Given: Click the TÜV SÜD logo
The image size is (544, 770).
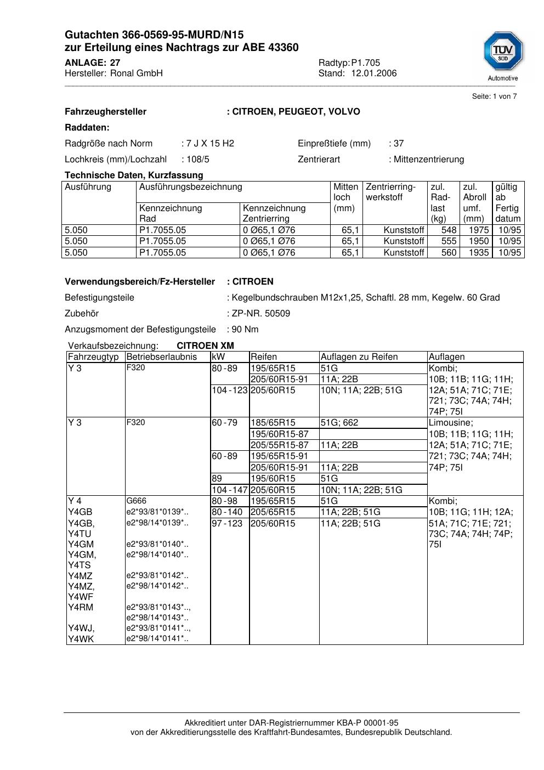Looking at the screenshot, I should coord(503,54).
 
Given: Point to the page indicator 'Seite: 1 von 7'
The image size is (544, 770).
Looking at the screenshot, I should coord(494,97).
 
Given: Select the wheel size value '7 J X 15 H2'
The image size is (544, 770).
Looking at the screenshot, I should coord(210,143).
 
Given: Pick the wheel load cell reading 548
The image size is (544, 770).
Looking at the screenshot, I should coord(449,230).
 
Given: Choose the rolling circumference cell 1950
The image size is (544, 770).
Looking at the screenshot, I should coord(479,241).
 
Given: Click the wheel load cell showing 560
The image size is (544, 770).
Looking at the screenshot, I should coord(449,253).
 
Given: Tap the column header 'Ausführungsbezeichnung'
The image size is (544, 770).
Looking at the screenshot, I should coord(190,187).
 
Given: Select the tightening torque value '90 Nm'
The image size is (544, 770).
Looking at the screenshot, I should coord(245,329).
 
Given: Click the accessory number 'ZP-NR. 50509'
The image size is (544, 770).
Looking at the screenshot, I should coord(260,313).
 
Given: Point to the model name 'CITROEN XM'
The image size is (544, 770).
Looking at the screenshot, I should coord(205,346).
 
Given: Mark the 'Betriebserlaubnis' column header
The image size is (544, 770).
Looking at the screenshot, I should coord(161,356).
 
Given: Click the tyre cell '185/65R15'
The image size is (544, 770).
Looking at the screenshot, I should coord(273,423).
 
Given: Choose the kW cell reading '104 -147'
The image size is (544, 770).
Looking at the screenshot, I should coord(229,490).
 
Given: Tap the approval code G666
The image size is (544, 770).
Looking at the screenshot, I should coord(136,501).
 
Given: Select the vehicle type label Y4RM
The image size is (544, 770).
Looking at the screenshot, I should coord(81,607).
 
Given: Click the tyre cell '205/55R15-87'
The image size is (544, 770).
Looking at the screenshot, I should coord(279,445).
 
